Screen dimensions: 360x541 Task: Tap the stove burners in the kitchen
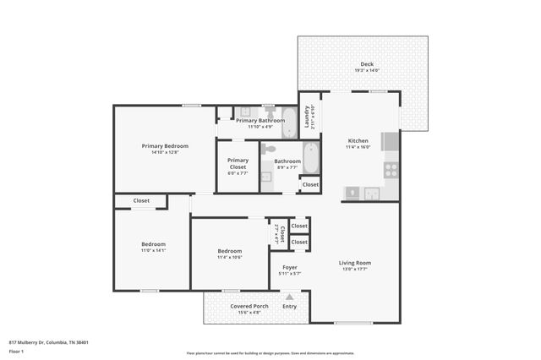[391, 169]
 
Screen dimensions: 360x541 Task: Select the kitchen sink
[372, 194]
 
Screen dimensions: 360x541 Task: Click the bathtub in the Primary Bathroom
[289, 123]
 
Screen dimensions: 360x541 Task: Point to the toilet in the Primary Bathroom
[270, 111]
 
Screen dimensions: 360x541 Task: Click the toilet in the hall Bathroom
[269, 149]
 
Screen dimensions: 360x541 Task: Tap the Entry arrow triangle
[290, 297]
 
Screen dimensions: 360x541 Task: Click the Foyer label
[289, 267]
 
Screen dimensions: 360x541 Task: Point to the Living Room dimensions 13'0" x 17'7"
[355, 270]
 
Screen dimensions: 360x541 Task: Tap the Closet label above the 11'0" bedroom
[141, 201]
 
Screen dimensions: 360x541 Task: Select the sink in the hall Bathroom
[266, 177]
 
